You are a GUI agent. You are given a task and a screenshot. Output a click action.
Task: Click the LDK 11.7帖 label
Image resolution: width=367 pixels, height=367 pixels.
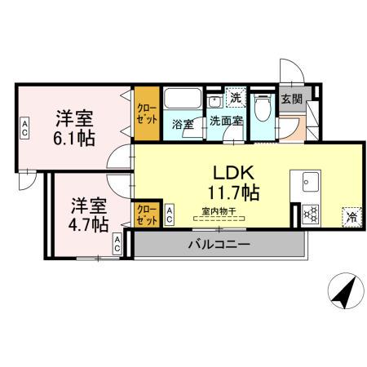(237, 183)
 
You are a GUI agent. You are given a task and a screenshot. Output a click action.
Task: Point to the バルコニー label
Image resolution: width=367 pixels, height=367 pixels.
(218, 244)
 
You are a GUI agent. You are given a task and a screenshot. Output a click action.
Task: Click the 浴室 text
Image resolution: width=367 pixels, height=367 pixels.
(182, 125)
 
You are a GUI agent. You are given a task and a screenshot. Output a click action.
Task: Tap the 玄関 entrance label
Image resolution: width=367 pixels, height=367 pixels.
(290, 99)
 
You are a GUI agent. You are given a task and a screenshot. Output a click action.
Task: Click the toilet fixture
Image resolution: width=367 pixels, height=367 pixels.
(263, 107)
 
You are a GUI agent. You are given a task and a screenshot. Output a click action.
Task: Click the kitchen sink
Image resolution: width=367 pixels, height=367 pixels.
(311, 182)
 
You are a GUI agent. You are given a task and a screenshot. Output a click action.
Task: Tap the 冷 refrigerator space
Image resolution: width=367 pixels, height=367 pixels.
(351, 217)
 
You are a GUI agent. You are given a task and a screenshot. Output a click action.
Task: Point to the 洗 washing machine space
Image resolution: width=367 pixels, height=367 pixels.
(236, 96)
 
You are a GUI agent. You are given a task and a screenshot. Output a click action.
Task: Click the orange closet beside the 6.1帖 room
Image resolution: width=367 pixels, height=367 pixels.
(147, 113)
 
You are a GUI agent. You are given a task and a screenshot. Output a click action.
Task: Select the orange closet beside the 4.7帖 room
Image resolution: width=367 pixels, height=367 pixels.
(147, 214)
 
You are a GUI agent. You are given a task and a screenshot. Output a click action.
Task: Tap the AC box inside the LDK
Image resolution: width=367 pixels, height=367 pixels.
(169, 215)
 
